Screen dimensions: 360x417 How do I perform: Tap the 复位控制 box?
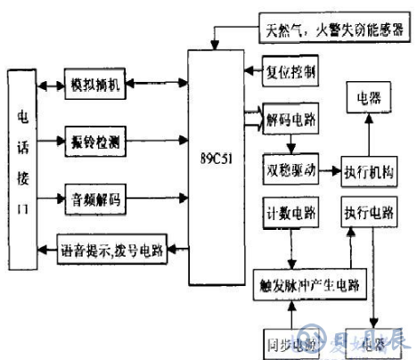[290, 69]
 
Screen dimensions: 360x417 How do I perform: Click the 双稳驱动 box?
[290, 168]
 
